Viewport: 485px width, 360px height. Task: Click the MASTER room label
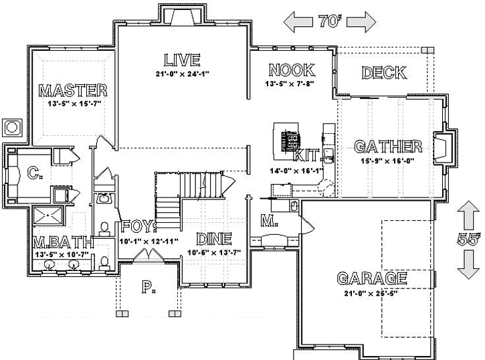(x=73, y=90)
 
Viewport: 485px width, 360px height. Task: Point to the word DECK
(x=380, y=73)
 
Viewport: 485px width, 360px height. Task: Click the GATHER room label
(x=388, y=147)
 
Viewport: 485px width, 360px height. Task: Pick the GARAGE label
(x=372, y=278)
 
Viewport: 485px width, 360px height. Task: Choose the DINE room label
(x=213, y=239)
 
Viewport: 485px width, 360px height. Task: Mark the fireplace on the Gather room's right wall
(x=443, y=147)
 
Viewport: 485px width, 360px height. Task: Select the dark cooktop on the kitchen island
(x=290, y=141)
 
